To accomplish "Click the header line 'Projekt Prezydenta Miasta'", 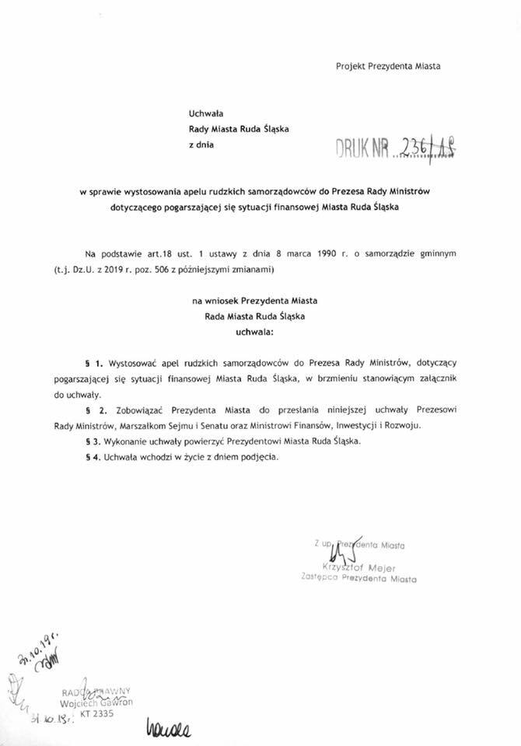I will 388,66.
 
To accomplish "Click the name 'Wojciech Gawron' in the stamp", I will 94,702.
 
